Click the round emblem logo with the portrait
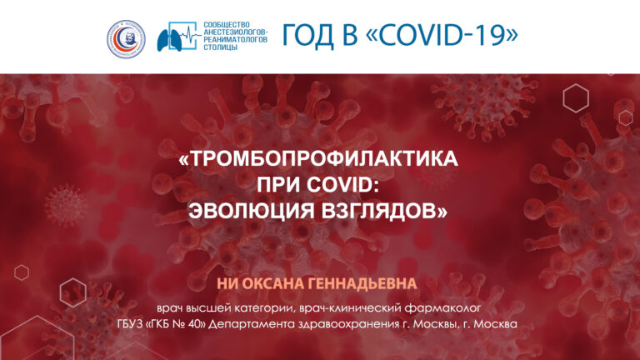pos(126,39)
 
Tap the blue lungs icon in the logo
pos(169,40)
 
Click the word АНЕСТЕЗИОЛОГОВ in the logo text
pos(236,32)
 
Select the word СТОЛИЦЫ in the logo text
pos(220,47)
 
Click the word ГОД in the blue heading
pos(308,35)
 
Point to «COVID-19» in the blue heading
pos(442,35)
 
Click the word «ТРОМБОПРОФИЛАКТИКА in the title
pos(318,159)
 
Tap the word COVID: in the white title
pos(343,185)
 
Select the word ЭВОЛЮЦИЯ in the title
pos(252,211)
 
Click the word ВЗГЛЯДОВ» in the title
pos(384,211)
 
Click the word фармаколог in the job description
pos(442,308)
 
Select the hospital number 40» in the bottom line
pos(196,324)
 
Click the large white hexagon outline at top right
pos(576,98)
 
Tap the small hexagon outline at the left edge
pos(22,272)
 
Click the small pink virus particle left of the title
pos(66,206)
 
